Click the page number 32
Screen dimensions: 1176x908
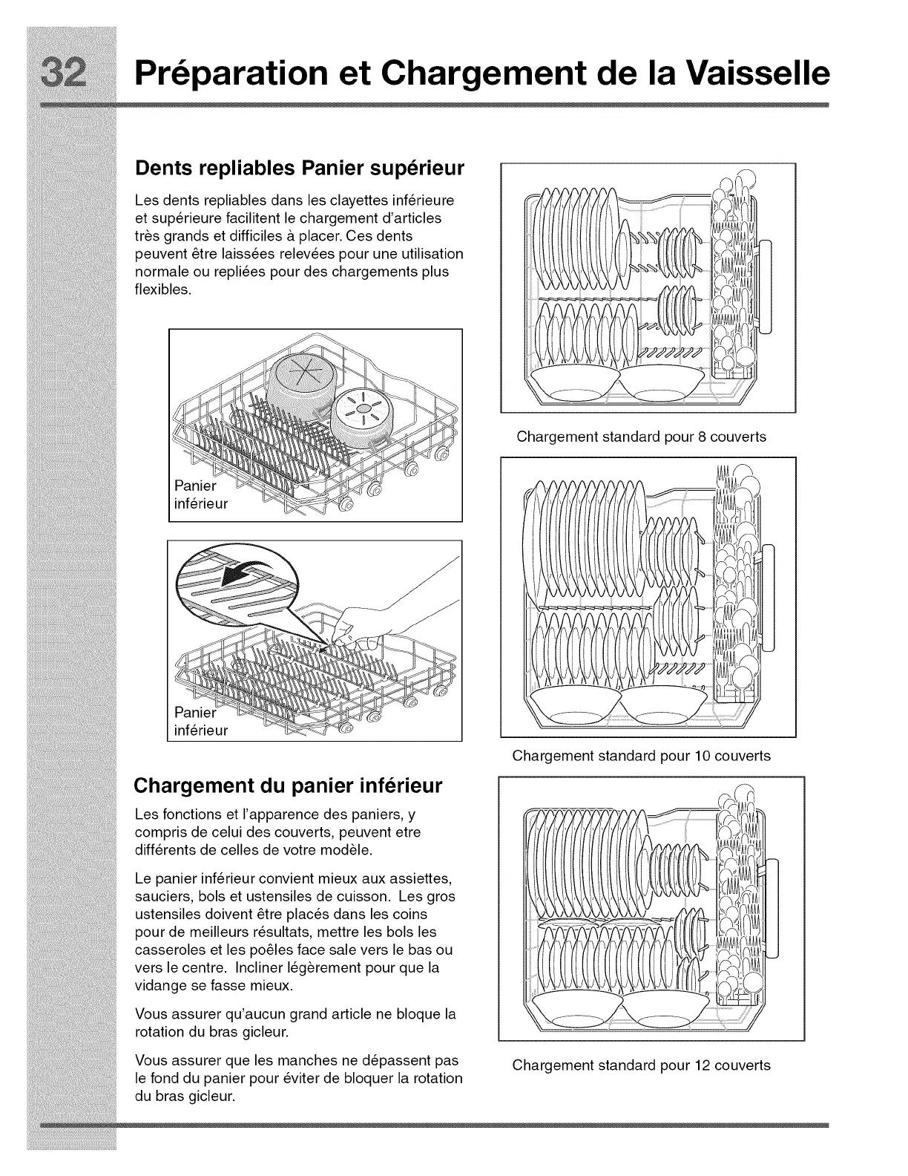click(71, 73)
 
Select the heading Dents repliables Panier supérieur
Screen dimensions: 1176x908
click(299, 168)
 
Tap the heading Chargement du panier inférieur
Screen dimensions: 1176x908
click(287, 785)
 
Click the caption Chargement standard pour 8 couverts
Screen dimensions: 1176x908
click(641, 437)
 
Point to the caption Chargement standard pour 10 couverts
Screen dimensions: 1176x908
click(641, 756)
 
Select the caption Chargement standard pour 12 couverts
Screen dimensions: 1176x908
click(641, 1065)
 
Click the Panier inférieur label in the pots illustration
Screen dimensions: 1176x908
click(200, 494)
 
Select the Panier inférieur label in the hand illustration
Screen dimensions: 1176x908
click(200, 721)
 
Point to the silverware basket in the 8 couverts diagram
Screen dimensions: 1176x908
click(732, 275)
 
